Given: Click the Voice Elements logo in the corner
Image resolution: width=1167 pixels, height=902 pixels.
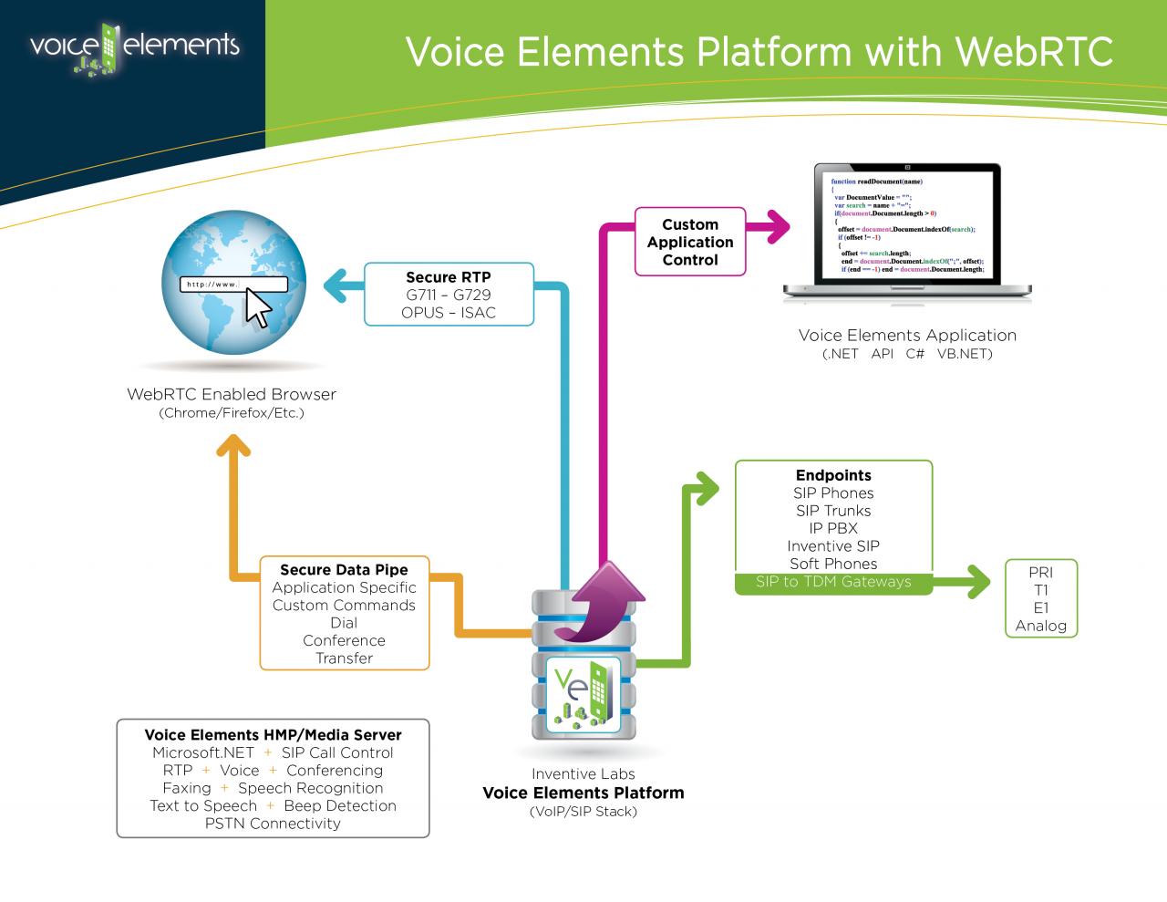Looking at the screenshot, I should (134, 48).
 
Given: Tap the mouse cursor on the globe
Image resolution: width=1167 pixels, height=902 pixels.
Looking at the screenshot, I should (258, 308).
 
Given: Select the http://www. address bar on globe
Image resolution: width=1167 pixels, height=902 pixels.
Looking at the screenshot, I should (232, 285).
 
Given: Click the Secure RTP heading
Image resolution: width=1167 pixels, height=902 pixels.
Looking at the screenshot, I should (449, 277).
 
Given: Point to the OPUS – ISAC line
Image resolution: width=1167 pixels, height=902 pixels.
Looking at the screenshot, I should (449, 313).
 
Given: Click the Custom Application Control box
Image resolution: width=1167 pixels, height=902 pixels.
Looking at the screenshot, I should (690, 242).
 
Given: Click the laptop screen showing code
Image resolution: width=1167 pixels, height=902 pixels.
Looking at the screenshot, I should (907, 225).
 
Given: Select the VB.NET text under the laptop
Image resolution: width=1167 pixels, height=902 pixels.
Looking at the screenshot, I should (965, 354).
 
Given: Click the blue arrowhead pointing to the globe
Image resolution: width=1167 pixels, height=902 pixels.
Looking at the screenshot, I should (335, 285).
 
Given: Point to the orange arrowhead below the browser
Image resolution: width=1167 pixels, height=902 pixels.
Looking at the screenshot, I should (233, 446).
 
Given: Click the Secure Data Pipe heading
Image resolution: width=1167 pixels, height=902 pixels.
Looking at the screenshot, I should (344, 570).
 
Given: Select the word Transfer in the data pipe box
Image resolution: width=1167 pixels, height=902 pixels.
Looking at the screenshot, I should (344, 658).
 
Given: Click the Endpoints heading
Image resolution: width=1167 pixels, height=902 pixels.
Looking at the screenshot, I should (833, 475).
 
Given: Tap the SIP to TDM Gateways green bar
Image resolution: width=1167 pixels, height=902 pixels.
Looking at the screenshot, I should (833, 582).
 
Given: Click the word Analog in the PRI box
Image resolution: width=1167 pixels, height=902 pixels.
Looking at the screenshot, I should (1040, 626).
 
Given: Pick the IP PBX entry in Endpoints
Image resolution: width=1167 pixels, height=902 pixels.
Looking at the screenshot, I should (833, 528).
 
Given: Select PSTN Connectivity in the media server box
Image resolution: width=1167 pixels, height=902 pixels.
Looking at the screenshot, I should (273, 824).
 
